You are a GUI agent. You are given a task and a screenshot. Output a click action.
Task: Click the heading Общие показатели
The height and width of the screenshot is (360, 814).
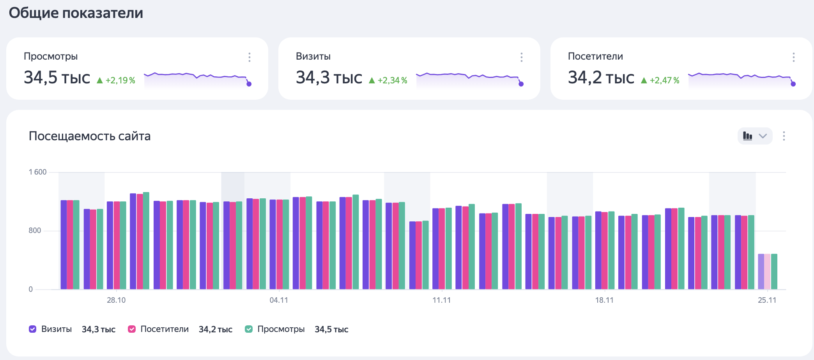(x=76, y=13)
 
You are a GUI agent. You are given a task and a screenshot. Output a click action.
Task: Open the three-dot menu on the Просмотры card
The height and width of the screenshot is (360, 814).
(x=250, y=57)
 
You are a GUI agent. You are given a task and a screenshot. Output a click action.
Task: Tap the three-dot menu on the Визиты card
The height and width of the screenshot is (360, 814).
(x=522, y=57)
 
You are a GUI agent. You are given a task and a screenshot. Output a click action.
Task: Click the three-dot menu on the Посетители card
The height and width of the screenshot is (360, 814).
(x=794, y=57)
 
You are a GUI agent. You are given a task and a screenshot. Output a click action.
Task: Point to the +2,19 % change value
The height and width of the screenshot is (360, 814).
(x=120, y=80)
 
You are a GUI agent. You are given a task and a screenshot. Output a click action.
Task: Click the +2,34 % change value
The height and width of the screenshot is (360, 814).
(x=392, y=80)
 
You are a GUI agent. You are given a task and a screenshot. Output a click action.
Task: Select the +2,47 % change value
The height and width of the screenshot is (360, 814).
(x=664, y=80)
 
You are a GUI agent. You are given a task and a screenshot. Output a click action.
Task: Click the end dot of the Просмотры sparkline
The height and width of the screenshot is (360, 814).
(x=249, y=84)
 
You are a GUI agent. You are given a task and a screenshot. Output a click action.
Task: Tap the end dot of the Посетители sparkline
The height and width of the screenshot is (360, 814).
(x=793, y=84)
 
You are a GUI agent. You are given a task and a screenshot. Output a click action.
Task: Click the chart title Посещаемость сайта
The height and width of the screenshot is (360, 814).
(x=90, y=136)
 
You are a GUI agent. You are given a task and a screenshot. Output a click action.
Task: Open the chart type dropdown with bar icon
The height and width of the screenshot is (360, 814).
(x=755, y=136)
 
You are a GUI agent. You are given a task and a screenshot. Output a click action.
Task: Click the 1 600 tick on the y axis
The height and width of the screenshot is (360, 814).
(x=37, y=172)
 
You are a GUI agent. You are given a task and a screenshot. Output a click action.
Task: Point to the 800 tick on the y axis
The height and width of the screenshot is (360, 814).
(x=35, y=230)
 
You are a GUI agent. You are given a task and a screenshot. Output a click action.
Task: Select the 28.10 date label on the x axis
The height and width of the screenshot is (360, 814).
(x=116, y=300)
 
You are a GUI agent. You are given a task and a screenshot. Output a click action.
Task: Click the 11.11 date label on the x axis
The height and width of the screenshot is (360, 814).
(x=442, y=300)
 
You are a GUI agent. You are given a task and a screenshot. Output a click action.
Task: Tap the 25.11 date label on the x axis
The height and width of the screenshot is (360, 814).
(x=767, y=300)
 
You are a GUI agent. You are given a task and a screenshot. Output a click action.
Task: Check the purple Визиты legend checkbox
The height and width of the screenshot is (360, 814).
(x=33, y=329)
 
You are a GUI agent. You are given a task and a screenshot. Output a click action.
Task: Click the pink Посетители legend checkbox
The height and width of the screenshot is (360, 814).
(x=132, y=329)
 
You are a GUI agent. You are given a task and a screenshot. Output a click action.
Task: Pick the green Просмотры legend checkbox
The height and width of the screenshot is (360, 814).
(x=249, y=329)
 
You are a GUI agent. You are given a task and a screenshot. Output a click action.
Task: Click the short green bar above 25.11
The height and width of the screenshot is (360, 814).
(x=774, y=272)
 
